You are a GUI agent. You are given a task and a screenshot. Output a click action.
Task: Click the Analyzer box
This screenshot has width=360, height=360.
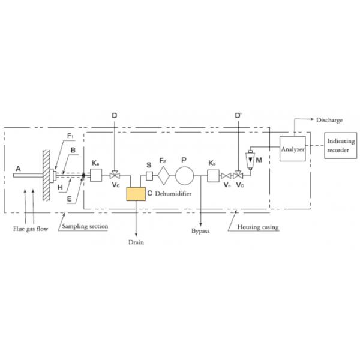coord(293,148)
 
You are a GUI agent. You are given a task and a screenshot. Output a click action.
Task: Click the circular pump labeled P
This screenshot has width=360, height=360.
coord(185,176)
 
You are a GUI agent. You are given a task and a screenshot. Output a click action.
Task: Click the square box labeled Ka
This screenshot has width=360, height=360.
coord(96,176)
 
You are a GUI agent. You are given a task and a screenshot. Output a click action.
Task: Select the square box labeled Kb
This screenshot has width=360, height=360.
coord(213,176)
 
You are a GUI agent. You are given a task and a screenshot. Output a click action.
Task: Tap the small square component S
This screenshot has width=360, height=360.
coord(150,176)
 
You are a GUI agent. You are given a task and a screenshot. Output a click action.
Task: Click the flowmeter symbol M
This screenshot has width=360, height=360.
coord(250,160)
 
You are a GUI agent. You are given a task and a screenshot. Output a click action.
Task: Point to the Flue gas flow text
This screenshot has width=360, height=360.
coord(30,228)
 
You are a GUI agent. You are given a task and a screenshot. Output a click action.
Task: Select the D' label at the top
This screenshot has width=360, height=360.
coord(238,114)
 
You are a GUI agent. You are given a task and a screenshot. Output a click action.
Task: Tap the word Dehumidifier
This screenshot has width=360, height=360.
coord(169,194)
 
